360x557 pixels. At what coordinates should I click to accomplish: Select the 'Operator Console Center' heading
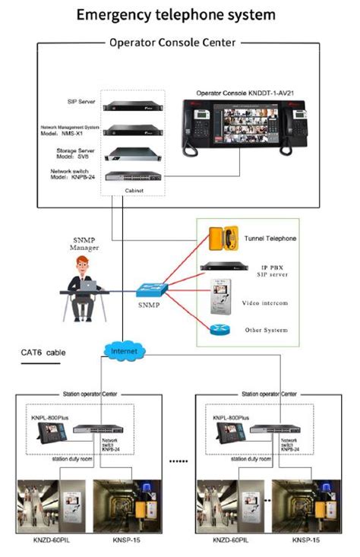172,43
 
